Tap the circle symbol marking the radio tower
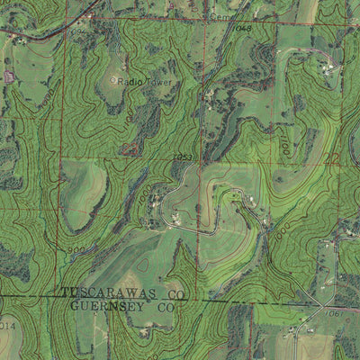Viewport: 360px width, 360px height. coord(113,80)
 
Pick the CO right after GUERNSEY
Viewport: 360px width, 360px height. coord(165,307)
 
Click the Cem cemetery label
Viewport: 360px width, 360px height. coord(219,16)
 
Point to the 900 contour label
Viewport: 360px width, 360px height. coord(75,249)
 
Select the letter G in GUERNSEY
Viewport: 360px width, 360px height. coord(73,307)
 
